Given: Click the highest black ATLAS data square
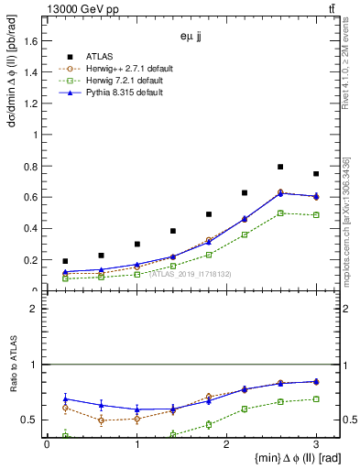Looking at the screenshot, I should pos(280,167).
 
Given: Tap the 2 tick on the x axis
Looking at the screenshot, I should pos(226,444).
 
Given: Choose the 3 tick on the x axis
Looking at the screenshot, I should pos(316,444).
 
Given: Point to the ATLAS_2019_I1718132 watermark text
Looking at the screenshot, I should pos(191,274).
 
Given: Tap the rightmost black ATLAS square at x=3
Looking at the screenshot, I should pos(316,174).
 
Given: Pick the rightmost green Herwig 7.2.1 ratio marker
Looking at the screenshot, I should pos(316,398).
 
